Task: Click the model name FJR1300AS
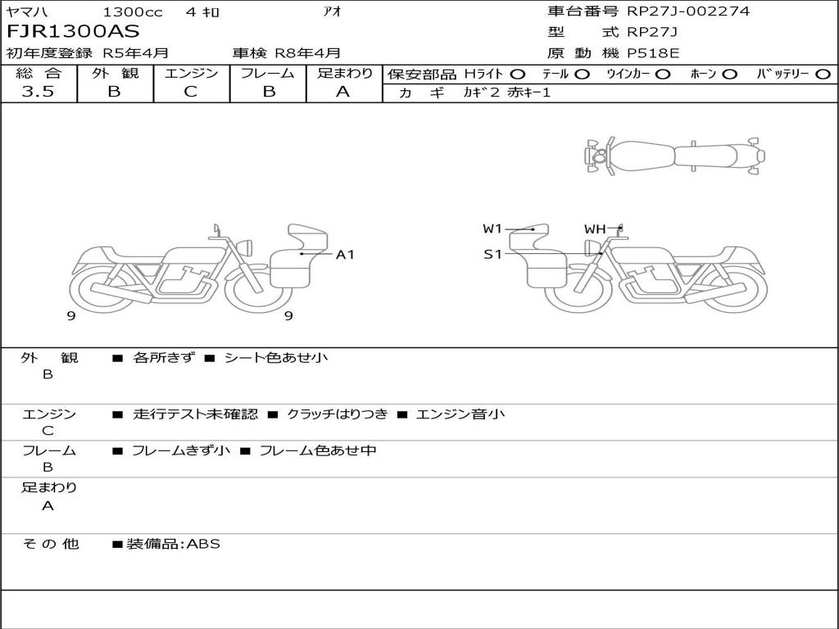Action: coord(73,32)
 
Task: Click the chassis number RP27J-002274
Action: coord(688,11)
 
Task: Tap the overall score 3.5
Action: coord(38,92)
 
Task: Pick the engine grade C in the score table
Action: coord(190,92)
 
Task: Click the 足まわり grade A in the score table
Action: coord(343,92)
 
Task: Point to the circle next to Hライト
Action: coord(518,75)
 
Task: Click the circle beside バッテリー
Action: coord(823,75)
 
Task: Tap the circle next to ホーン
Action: coord(729,75)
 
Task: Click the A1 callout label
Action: coord(345,255)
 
